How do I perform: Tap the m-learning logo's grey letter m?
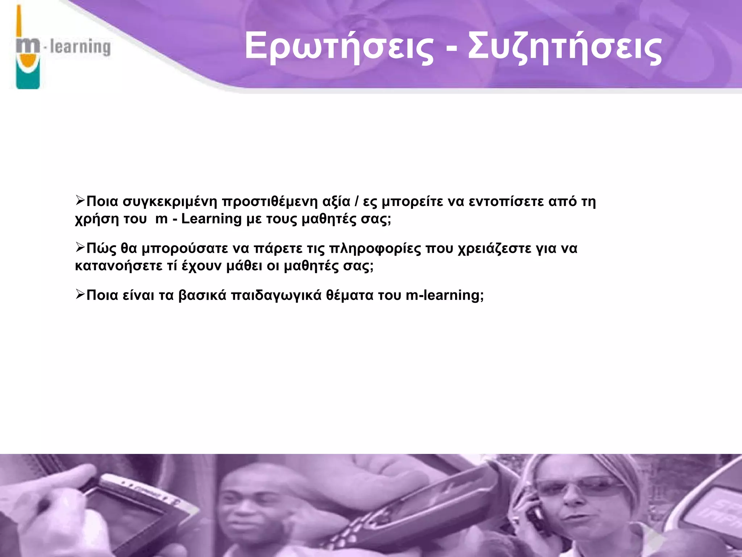coord(28,47)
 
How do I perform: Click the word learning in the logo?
coord(80,47)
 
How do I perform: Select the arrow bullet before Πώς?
coord(80,248)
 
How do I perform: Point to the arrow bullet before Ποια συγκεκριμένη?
coord(80,201)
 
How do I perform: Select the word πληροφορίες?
coord(375,249)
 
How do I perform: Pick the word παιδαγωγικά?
coord(276,296)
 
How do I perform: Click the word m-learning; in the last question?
coord(445,295)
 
